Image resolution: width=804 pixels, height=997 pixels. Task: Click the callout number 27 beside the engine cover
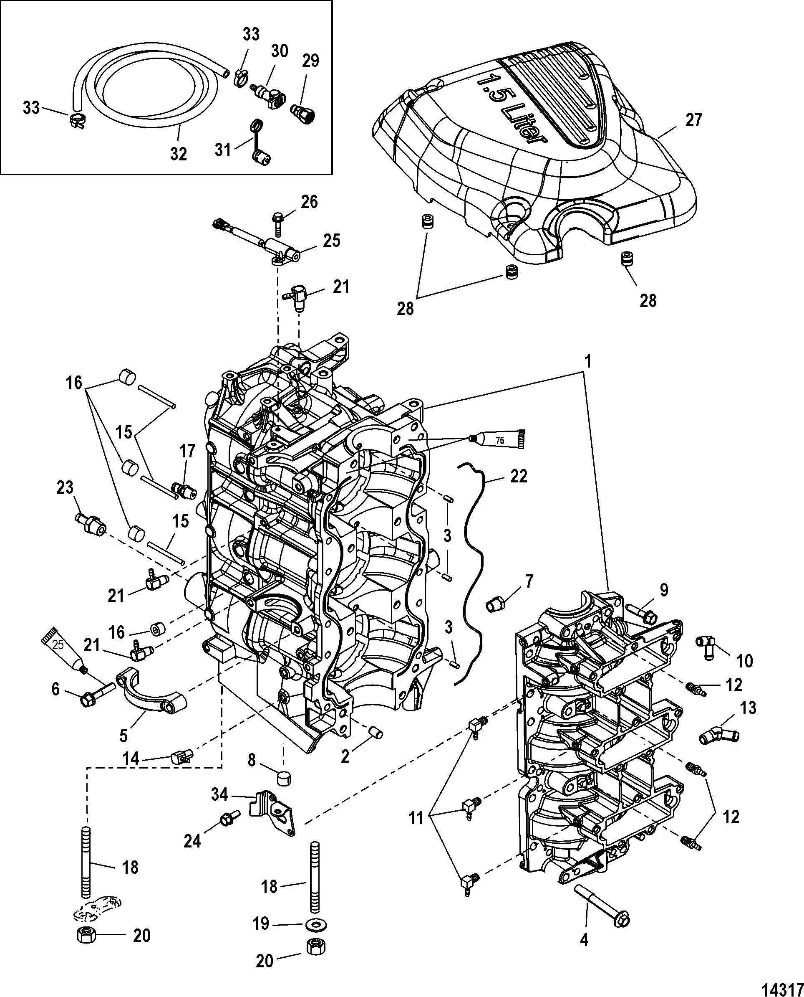coord(693,120)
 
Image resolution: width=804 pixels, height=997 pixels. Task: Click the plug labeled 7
coord(496,604)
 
